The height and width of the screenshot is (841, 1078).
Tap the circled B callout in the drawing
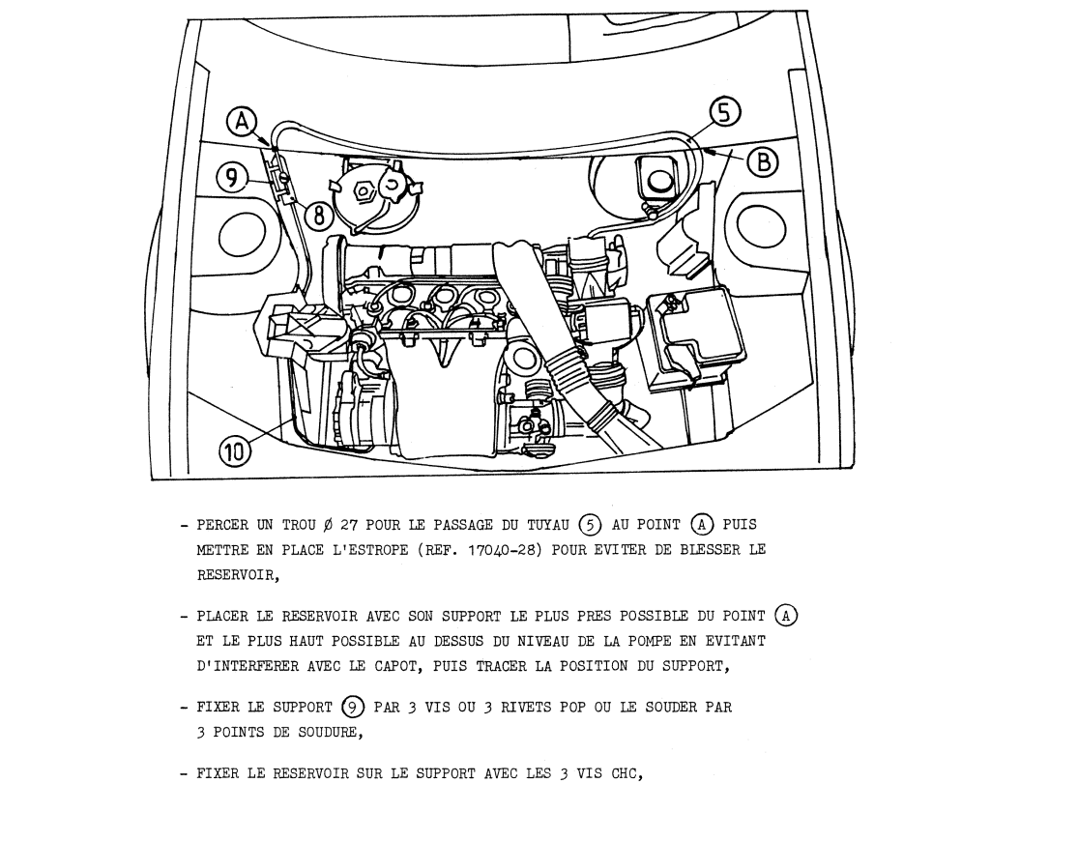(764, 162)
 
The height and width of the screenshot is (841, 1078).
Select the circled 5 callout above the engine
(724, 115)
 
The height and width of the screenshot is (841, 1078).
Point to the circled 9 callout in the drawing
(229, 178)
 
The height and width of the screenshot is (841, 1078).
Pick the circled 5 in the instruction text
(590, 525)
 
